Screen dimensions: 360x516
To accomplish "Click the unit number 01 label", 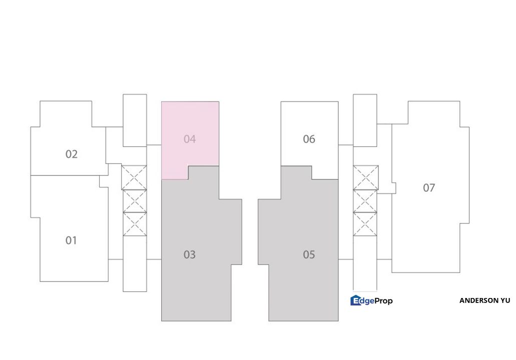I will pos(71,240).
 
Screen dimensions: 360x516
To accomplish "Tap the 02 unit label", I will pos(71,154).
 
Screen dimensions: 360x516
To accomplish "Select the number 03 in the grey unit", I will pos(189,255).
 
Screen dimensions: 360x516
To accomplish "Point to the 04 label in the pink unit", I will pos(189,139).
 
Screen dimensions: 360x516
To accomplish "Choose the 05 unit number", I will pos(309,255).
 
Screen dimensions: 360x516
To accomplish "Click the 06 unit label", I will pos(309,139).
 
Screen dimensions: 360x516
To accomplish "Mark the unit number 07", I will pos(429,188).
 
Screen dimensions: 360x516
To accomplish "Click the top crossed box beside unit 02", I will pos(134,177).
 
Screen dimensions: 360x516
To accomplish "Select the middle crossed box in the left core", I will pos(134,201).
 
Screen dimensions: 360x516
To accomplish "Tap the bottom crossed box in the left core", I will pos(134,224).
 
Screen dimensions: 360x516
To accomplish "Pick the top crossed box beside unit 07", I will pos(366,177).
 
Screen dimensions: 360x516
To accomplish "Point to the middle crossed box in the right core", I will pos(366,201).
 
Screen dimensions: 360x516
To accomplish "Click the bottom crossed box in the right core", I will pos(366,224).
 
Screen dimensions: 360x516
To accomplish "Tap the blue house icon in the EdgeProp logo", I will pos(356,300).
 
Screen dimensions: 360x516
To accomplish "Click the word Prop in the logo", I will pos(382,300).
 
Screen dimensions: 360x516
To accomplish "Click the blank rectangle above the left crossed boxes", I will pos(135,120).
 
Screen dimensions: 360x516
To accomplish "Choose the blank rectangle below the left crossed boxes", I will pos(135,264).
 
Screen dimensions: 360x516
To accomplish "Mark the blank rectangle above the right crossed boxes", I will pos(365,120).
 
